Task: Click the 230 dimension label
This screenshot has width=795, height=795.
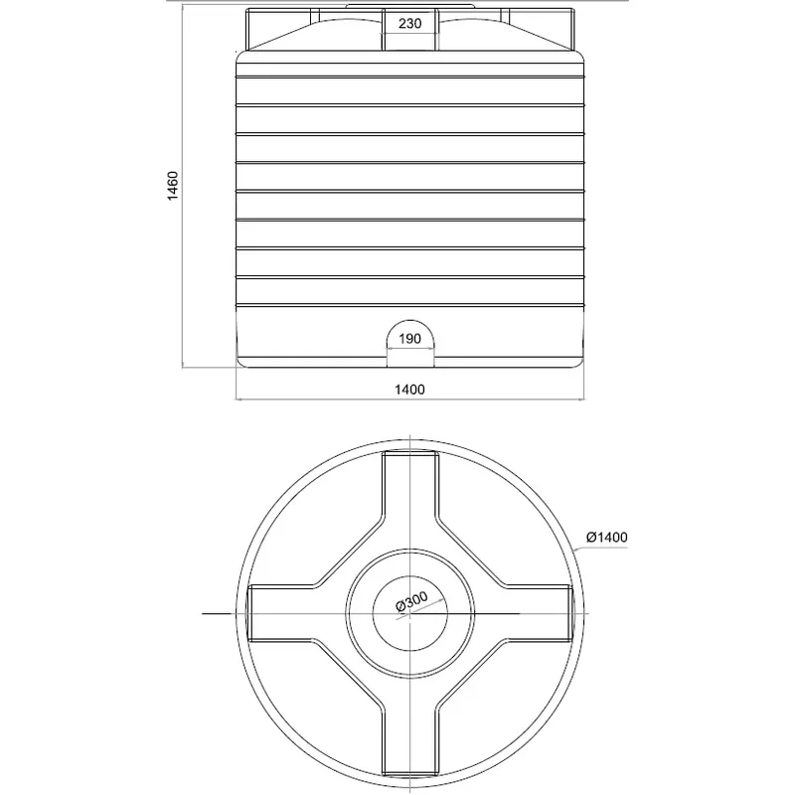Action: [x=409, y=24]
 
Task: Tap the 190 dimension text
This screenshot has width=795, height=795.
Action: [x=409, y=339]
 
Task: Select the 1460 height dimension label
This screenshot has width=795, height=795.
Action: [x=173, y=186]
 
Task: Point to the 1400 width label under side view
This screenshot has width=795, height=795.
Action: [x=409, y=390]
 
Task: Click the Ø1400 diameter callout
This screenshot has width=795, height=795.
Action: [x=607, y=537]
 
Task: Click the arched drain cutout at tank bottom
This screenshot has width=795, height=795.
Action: [x=410, y=321]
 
